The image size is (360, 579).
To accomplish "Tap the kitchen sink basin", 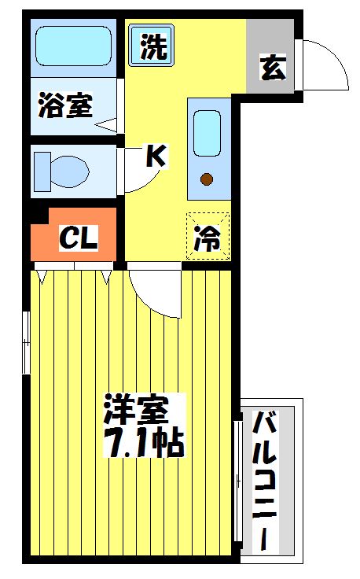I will click(208, 132).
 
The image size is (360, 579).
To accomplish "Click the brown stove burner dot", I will click(207, 179).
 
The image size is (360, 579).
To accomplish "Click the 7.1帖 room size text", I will click(143, 444).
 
